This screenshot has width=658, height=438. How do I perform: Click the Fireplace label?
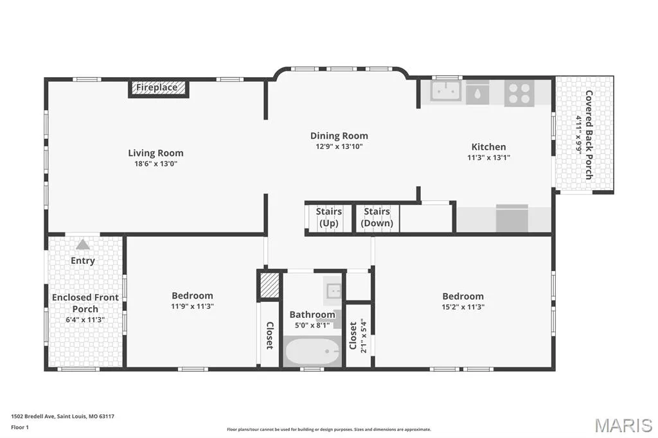click(157, 88)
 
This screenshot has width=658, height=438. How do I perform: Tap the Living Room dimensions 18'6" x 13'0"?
click(156, 164)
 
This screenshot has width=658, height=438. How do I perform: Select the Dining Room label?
click(339, 136)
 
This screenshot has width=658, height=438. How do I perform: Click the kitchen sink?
click(446, 91)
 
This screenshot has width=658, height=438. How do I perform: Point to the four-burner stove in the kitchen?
click(519, 93)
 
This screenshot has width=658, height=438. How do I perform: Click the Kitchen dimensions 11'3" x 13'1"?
click(488, 158)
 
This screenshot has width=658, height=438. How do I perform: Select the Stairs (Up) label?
click(328, 217)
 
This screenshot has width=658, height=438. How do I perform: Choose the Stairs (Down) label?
click(377, 217)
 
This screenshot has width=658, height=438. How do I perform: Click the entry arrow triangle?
click(83, 245)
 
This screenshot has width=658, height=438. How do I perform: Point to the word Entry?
click(83, 261)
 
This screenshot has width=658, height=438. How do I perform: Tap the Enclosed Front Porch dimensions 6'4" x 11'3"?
click(85, 320)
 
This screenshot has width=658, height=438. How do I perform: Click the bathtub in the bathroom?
click(312, 351)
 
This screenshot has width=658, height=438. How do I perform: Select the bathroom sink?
click(334, 290)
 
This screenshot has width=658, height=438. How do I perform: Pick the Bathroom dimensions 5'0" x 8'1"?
click(312, 325)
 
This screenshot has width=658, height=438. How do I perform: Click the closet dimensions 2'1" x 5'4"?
click(364, 337)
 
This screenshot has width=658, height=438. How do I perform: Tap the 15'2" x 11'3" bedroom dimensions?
click(463, 307)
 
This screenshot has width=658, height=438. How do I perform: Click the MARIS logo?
click(623, 425)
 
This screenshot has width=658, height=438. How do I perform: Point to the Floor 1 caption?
click(20, 428)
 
